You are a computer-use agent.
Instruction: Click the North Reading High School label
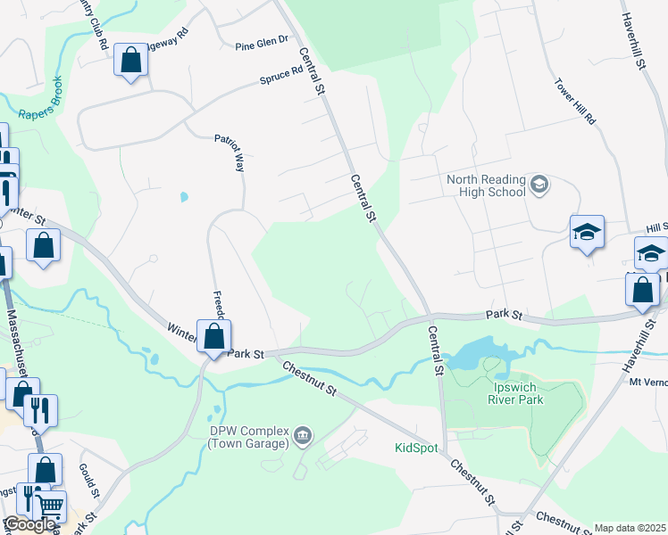[x=486, y=185]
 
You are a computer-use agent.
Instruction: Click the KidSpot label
[x=416, y=448]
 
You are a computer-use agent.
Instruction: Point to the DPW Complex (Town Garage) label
[x=249, y=436]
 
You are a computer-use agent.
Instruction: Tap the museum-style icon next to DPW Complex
[x=303, y=435]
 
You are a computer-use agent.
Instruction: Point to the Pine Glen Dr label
[x=263, y=42]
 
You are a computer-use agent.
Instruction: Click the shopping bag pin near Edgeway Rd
[x=130, y=62]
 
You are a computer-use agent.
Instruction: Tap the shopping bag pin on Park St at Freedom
[x=213, y=337]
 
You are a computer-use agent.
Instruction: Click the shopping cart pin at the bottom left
[x=51, y=506]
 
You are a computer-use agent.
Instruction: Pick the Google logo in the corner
[x=29, y=524]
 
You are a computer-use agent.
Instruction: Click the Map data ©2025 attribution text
[x=630, y=528]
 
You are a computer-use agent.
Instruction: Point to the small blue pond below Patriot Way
[x=184, y=197]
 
